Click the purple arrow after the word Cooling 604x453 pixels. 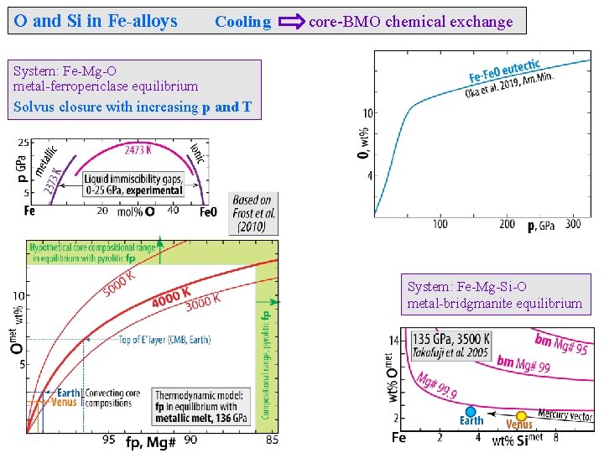pyautogui.click(x=291, y=22)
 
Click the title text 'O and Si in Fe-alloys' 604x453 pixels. pyautogui.click(x=96, y=21)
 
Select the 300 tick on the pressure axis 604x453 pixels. pyautogui.click(x=573, y=224)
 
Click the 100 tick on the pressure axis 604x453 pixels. pyautogui.click(x=440, y=224)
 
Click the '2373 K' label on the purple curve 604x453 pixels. pyautogui.click(x=52, y=180)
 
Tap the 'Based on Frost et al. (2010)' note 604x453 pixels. pyautogui.click(x=254, y=213)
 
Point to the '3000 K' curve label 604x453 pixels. pyautogui.click(x=204, y=300)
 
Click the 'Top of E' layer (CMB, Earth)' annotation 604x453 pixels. pyautogui.click(x=164, y=339)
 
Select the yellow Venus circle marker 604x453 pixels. pyautogui.click(x=521, y=415)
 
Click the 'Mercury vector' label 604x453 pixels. pyautogui.click(x=565, y=415)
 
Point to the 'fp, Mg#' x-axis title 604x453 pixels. pyautogui.click(x=151, y=442)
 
